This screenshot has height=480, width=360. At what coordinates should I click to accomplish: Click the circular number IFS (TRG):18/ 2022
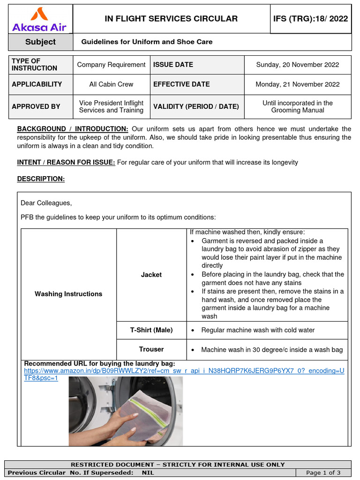(x=310, y=19)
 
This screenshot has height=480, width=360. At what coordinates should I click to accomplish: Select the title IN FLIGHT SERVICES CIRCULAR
(x=171, y=19)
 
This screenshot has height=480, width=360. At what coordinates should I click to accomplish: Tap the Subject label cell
(x=40, y=42)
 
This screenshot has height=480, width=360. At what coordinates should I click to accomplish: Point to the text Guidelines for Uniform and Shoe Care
(x=147, y=42)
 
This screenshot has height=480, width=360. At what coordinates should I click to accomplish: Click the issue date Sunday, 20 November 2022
(x=297, y=65)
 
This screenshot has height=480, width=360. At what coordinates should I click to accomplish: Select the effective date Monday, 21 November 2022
(x=297, y=84)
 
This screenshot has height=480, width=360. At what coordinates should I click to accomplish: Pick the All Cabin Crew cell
(x=111, y=84)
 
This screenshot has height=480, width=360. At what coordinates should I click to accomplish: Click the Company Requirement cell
(x=111, y=65)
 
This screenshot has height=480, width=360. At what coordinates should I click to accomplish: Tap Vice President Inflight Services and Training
(x=111, y=106)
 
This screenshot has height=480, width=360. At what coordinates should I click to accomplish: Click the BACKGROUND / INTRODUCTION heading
(x=73, y=129)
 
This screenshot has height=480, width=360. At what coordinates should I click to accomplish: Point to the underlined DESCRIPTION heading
(x=41, y=179)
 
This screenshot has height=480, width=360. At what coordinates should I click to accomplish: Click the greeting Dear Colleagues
(x=46, y=203)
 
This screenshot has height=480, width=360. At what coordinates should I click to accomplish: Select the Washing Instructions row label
(x=68, y=294)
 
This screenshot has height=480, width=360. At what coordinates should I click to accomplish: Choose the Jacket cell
(x=151, y=275)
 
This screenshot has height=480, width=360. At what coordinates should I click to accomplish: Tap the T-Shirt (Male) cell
(x=151, y=330)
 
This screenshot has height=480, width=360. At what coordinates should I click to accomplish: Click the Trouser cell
(x=151, y=349)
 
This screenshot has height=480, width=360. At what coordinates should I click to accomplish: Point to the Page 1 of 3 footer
(x=323, y=472)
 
